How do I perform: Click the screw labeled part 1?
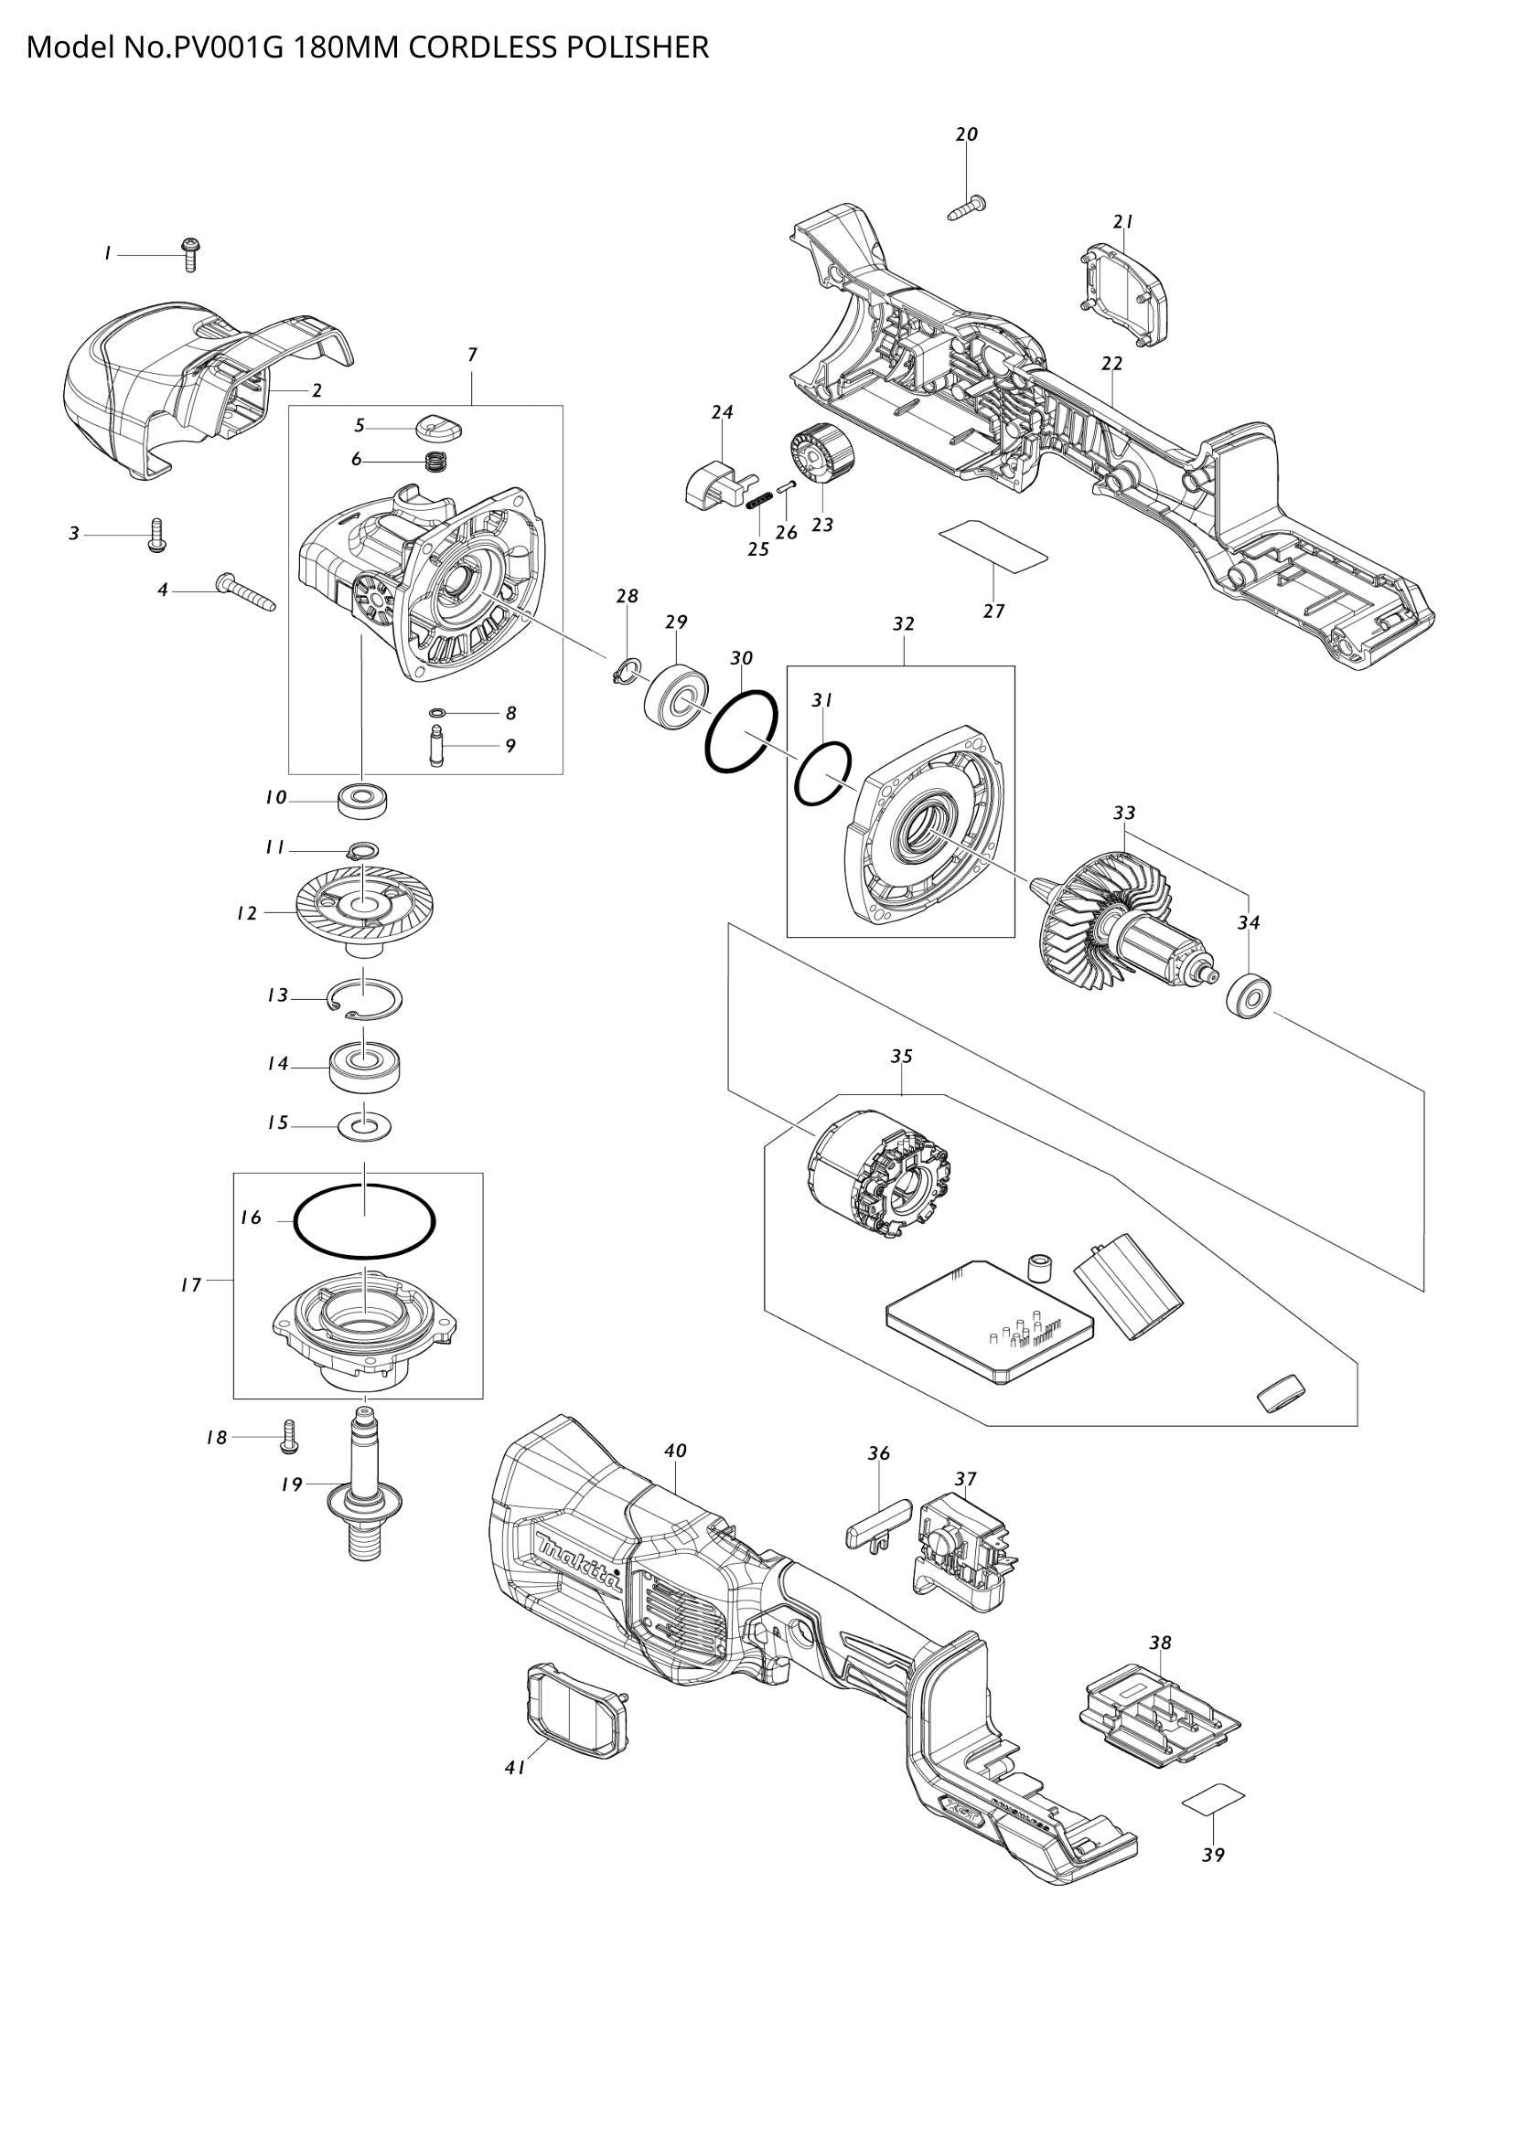pos(191,252)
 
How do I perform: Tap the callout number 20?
pos(967,134)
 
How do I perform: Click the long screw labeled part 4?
pos(247,592)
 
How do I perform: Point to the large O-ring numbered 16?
pos(364,1220)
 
